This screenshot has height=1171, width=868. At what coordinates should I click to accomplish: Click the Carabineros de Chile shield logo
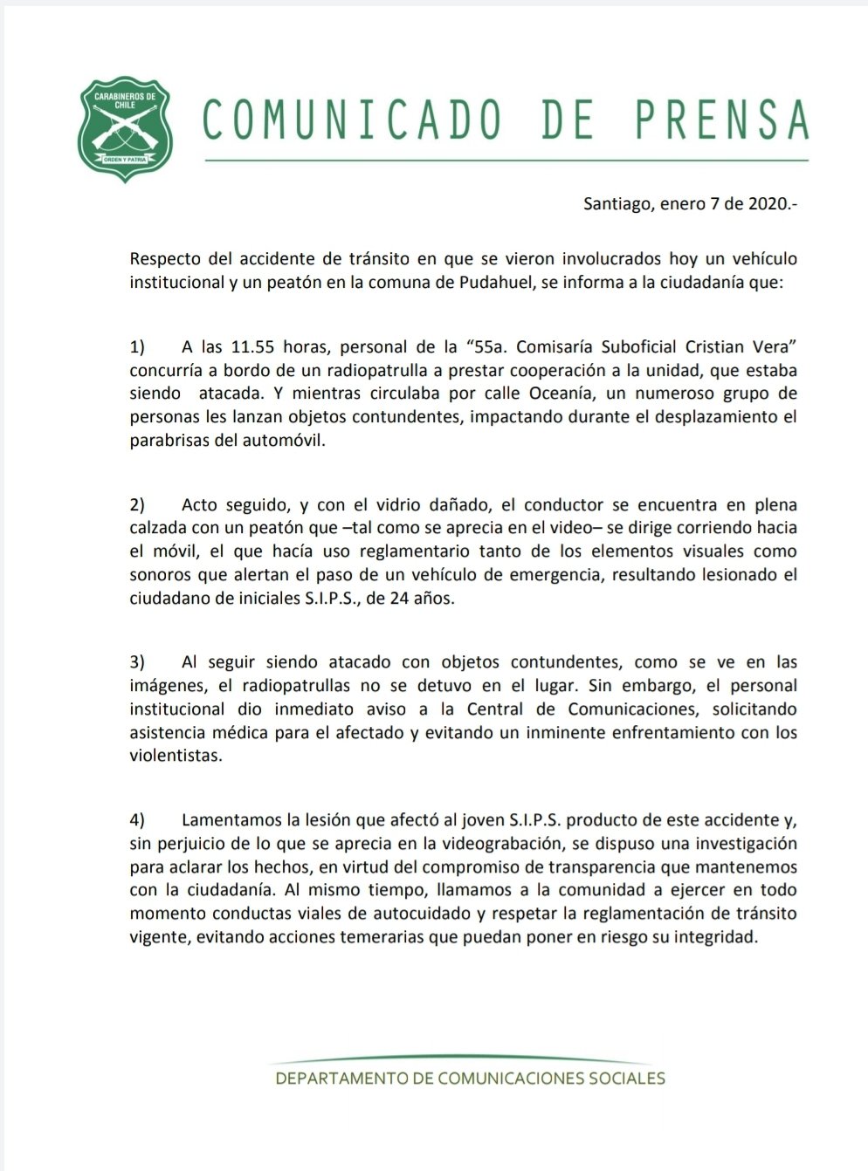tap(125, 129)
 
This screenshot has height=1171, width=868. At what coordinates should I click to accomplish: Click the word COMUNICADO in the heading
tap(353, 120)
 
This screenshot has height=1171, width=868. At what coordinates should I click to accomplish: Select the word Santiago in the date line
tap(617, 205)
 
